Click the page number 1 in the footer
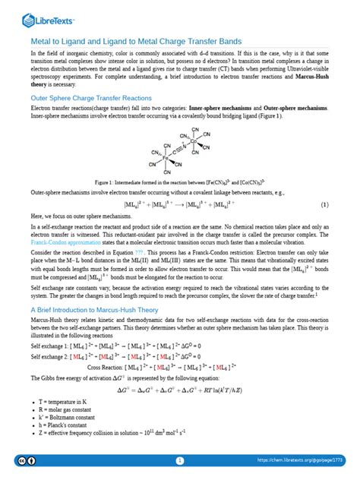coord(180,460)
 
